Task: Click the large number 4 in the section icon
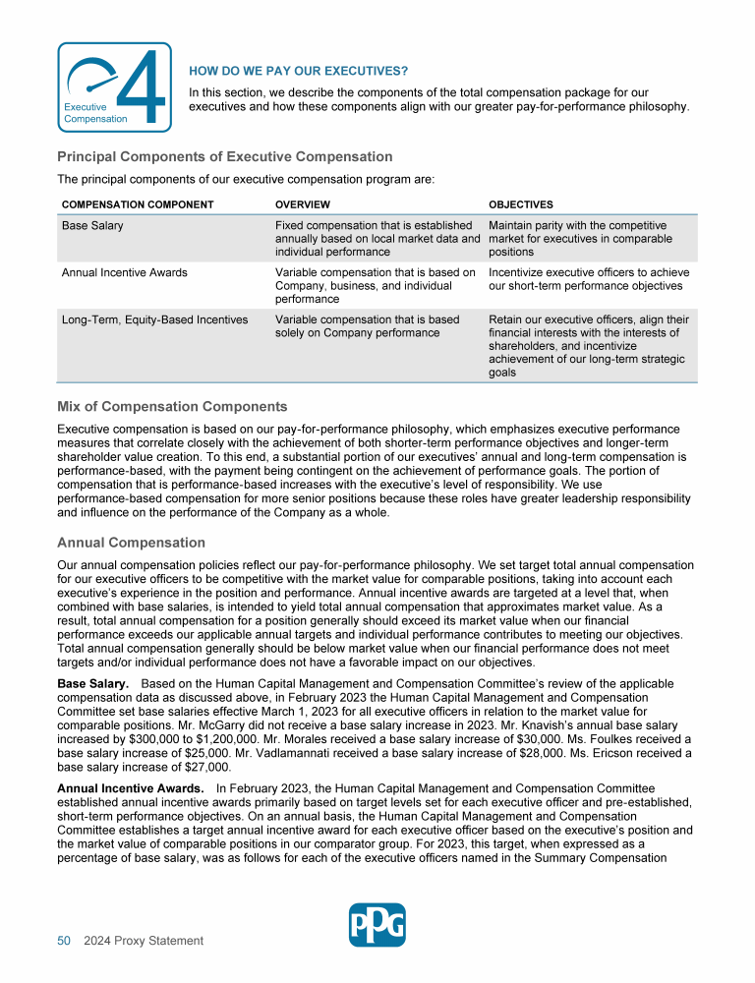(144, 88)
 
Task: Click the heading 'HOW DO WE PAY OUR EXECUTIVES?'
(298, 71)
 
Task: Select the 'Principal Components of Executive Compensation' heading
(224, 156)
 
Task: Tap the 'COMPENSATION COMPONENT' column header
(138, 204)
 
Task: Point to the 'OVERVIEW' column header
(303, 204)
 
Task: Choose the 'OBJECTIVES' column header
(520, 204)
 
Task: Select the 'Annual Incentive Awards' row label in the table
(124, 272)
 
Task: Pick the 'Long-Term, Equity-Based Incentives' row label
(154, 319)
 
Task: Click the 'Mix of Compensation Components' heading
(172, 406)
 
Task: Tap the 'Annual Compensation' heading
(131, 543)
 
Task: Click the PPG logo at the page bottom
(377, 925)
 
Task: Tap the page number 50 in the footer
(64, 941)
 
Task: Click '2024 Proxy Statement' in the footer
(144, 941)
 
